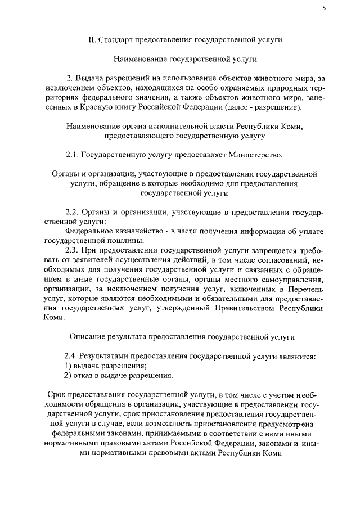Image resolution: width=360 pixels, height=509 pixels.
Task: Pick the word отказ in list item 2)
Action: (x=84, y=375)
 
